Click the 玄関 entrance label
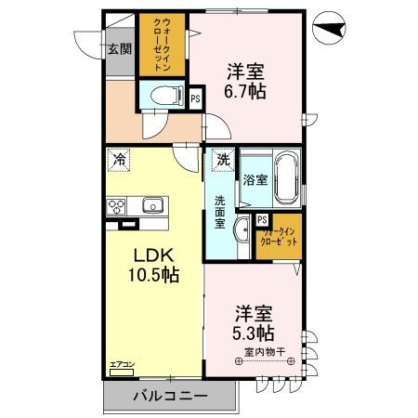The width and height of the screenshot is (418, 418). [117, 49]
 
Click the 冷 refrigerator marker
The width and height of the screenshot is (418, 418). [118, 159]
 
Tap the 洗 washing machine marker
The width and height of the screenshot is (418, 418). [223, 160]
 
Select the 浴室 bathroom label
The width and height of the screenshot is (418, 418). [256, 180]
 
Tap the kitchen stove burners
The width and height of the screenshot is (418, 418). [118, 206]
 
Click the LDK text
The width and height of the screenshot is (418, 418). [151, 255]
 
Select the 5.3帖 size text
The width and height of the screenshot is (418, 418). [254, 333]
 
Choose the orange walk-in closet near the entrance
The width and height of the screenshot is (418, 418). [153, 45]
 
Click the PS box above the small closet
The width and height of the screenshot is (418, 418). [263, 219]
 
